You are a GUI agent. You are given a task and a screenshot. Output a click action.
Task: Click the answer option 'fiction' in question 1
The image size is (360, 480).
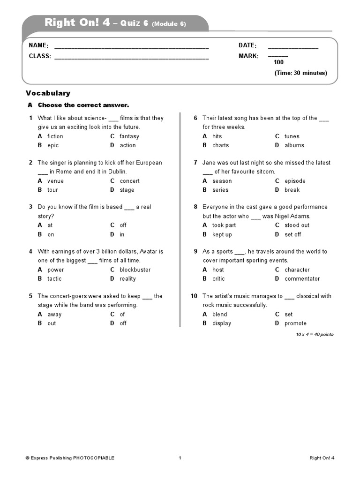[55, 136]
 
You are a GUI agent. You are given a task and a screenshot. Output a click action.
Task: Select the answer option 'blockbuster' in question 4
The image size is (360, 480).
[135, 270]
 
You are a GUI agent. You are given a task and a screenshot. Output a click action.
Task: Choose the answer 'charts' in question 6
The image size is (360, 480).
[220, 145]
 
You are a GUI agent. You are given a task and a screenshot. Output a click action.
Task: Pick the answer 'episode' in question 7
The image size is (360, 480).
[295, 181]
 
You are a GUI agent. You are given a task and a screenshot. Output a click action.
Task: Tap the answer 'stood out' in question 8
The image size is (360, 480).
[297, 225]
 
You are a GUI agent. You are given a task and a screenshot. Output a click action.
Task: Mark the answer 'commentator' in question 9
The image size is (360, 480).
[302, 279]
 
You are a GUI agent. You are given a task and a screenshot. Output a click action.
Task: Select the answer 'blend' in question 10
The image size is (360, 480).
[219, 315]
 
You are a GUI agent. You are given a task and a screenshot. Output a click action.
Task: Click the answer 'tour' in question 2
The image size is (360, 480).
[52, 190]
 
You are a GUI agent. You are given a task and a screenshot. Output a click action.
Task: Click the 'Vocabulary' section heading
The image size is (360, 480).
[48, 93]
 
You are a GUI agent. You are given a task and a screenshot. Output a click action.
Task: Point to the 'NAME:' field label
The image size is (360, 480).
[38, 45]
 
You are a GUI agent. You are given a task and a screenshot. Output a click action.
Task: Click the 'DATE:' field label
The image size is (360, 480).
[247, 45]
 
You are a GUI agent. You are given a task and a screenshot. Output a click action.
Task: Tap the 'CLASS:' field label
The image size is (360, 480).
[40, 56]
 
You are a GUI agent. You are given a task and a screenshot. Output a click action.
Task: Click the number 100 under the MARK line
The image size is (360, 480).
[278, 62]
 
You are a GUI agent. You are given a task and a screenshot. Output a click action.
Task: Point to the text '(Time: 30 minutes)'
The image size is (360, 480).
[300, 73]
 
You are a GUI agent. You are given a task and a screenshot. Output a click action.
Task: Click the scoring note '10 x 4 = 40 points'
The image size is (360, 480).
[315, 334]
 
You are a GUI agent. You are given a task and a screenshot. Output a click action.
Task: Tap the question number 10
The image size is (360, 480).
[194, 296]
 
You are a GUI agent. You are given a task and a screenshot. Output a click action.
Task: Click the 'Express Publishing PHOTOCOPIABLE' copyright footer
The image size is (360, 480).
[70, 458]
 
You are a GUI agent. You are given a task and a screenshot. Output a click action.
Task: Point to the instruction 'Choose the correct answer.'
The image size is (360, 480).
[83, 105]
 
